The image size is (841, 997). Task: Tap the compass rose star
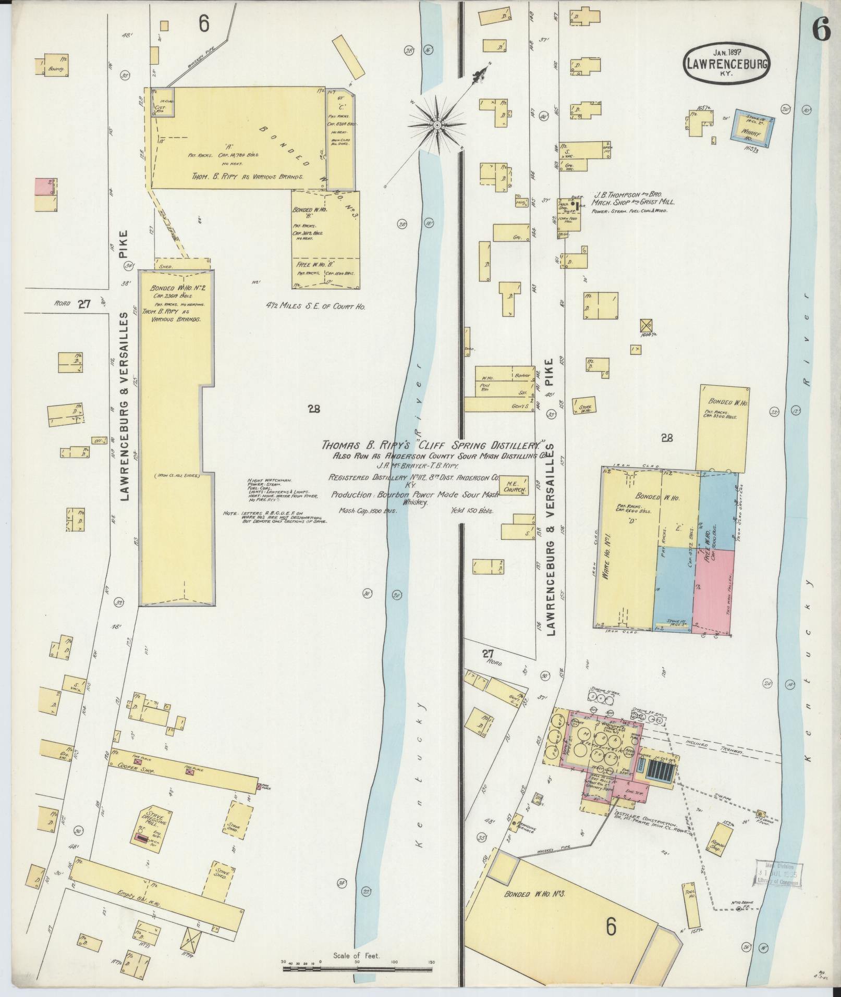(437, 125)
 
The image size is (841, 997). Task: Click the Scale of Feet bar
(358, 968)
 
